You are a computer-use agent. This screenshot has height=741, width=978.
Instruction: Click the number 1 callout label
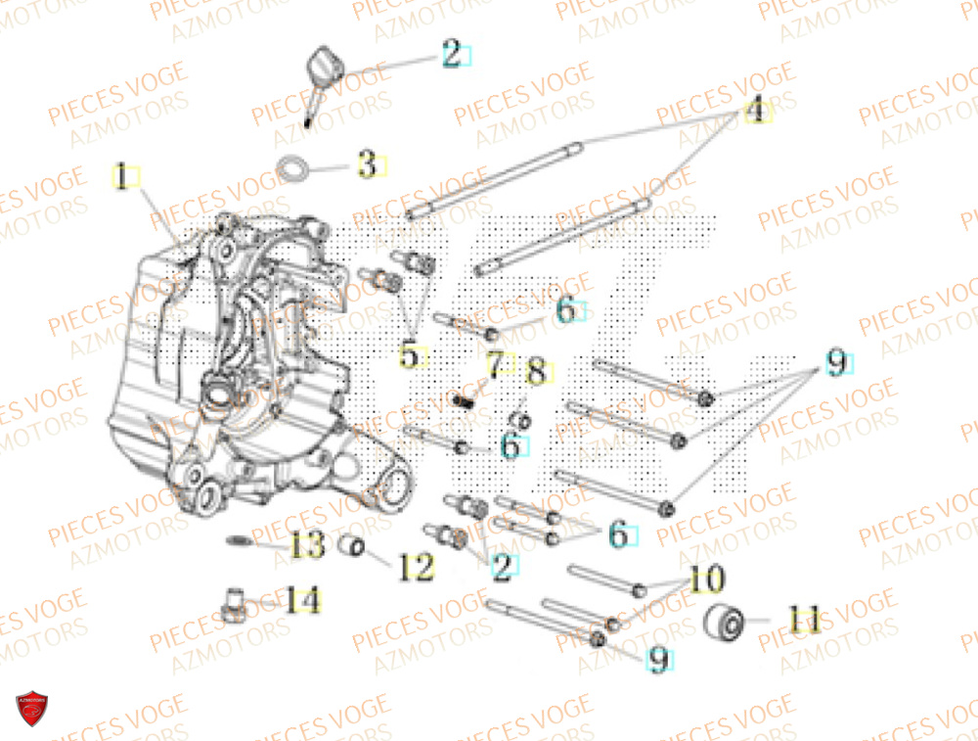point(123,178)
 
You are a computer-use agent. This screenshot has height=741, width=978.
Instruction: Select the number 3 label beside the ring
point(367,164)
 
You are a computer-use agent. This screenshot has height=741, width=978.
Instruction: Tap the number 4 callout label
point(754,111)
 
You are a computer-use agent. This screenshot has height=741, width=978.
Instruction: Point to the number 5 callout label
point(409,355)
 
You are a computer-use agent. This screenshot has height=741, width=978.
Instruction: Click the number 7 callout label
point(496,366)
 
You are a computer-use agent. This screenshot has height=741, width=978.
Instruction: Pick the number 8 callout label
point(535,372)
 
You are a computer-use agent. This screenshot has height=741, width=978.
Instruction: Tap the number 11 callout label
point(805,620)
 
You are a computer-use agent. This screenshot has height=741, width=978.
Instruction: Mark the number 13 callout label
point(307,545)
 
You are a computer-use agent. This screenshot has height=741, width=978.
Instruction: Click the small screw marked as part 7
point(465,399)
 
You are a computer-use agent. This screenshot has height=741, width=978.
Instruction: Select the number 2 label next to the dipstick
point(451,54)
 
